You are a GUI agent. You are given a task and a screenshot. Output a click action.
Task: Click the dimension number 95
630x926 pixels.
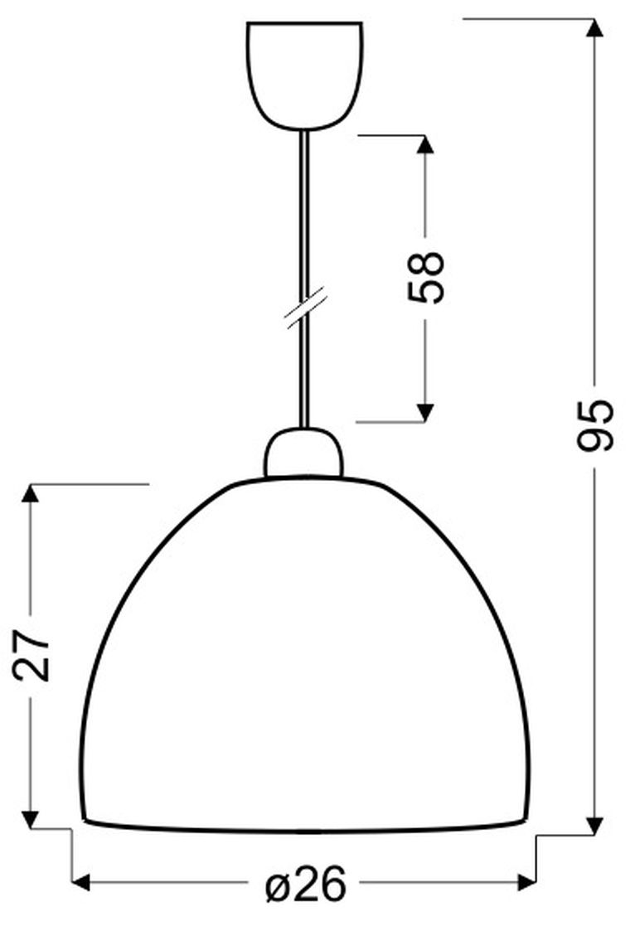coord(594,424)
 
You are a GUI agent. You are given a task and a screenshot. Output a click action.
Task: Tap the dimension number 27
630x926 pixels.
coord(31,654)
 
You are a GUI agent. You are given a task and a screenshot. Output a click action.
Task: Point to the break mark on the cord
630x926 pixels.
coord(305,308)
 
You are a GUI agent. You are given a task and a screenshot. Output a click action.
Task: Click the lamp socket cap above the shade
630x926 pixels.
coord(303,453)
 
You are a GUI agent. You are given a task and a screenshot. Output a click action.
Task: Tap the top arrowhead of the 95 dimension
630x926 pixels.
coord(594,28)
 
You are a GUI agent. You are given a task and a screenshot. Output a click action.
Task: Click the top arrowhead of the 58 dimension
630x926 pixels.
coord(425,144)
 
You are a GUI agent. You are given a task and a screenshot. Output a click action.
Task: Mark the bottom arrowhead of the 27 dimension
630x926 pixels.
coord(31,818)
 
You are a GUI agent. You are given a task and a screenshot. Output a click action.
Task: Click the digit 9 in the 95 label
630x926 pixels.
coord(594,438)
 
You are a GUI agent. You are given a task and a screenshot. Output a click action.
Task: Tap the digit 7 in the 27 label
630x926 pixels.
coord(31,640)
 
